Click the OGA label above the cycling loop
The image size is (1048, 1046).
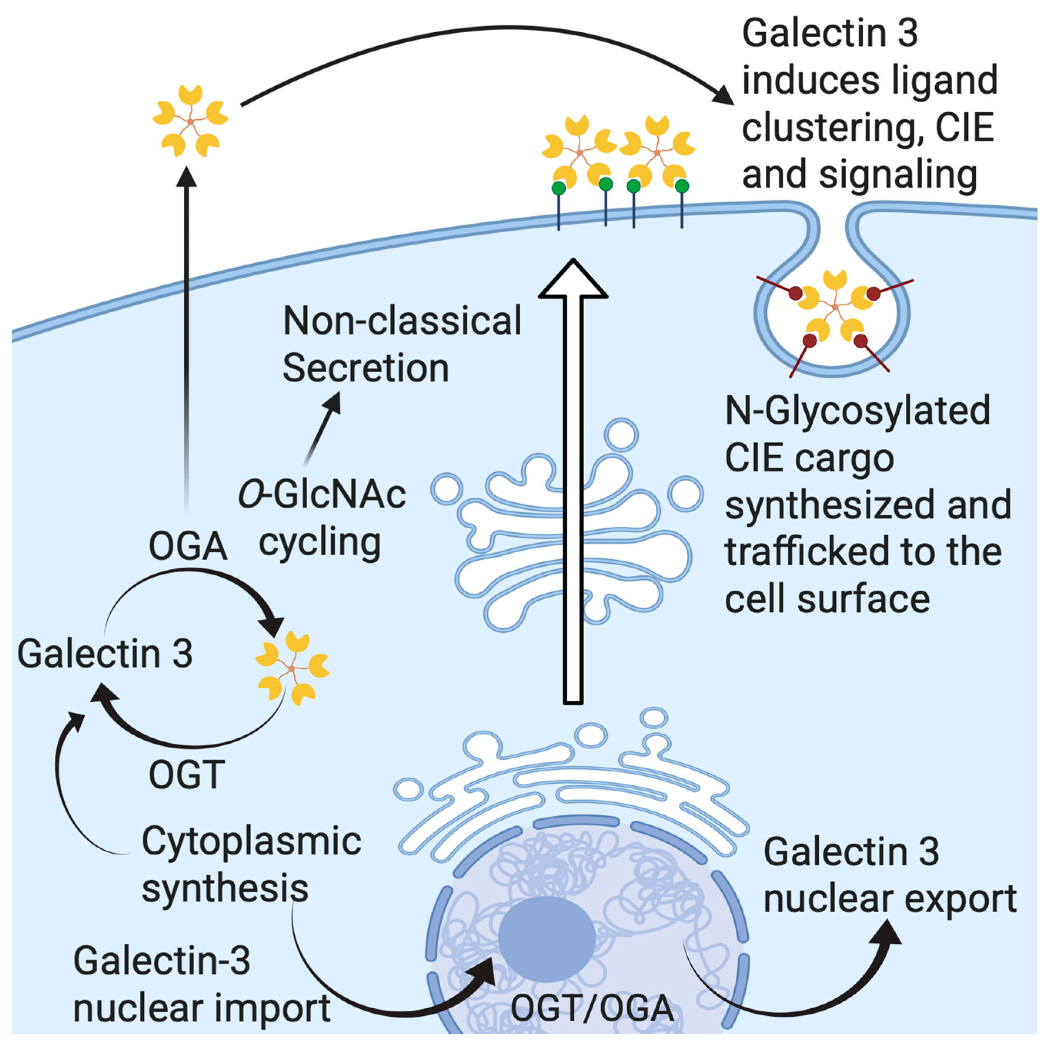(x=188, y=546)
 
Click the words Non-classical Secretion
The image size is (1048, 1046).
(x=402, y=345)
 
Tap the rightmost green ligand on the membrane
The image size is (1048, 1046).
(x=682, y=187)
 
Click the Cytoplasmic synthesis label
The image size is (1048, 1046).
(x=251, y=864)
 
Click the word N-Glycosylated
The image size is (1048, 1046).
(x=858, y=411)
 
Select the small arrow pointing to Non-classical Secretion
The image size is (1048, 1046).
(x=323, y=429)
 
